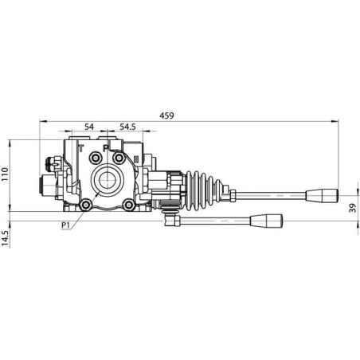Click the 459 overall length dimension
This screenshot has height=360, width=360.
[x=166, y=115]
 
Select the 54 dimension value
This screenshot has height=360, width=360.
[x=89, y=127]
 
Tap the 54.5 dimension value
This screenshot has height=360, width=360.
[x=127, y=127]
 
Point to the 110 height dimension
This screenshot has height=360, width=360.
[x=5, y=174]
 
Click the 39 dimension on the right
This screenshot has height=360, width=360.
[x=353, y=208]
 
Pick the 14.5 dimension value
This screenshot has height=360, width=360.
[x=5, y=238]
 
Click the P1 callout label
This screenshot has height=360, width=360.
[x=65, y=225]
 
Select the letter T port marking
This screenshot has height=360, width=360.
[x=81, y=148]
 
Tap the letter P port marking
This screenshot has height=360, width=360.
[x=106, y=148]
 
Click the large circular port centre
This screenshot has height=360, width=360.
[x=108, y=180]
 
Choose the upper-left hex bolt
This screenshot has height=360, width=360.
[x=95, y=158]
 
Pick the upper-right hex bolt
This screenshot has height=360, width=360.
[x=119, y=158]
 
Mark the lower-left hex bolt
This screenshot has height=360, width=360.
[x=85, y=205]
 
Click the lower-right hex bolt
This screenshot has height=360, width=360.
[x=129, y=205]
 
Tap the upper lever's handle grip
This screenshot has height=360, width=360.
[x=322, y=196]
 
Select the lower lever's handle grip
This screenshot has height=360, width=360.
[x=266, y=221]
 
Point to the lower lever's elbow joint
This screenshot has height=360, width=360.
[x=172, y=221]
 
